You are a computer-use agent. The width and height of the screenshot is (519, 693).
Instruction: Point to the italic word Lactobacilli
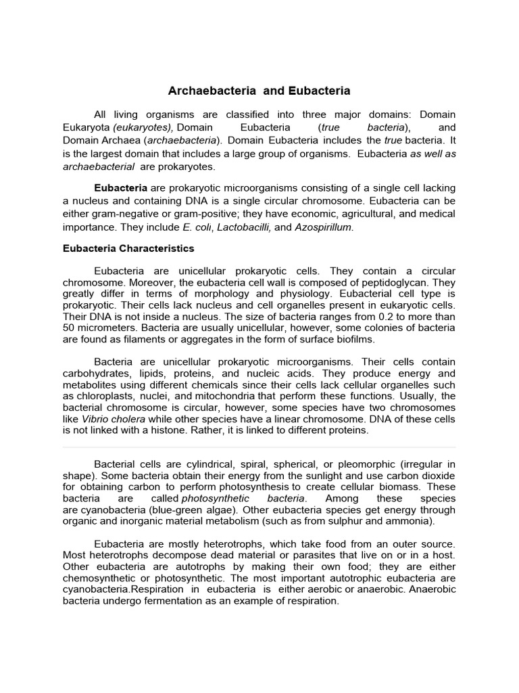tap(247, 227)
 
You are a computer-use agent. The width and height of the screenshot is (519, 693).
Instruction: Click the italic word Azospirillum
tap(323, 227)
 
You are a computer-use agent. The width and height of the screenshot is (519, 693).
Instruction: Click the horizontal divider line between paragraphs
tap(259, 447)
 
